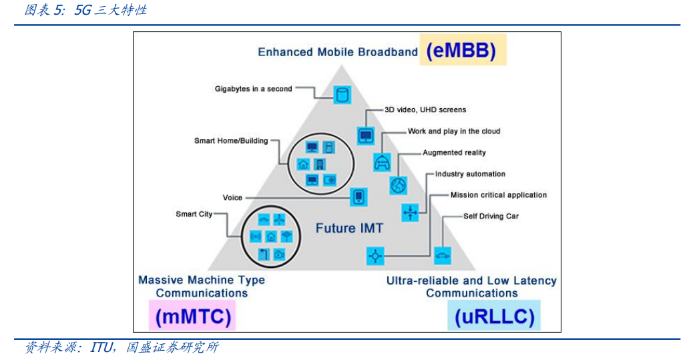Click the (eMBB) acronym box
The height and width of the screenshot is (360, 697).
(463, 50)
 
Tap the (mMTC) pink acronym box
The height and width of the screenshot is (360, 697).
(192, 315)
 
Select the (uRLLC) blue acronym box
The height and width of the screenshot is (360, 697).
(494, 315)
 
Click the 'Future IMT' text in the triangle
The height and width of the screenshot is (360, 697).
(349, 228)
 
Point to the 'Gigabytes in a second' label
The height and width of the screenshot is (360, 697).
(254, 89)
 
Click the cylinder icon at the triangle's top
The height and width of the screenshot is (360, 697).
(342, 95)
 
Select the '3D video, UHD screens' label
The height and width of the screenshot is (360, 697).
(425, 110)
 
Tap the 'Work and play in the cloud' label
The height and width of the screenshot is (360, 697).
(454, 131)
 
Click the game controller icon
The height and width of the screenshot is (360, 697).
(382, 163)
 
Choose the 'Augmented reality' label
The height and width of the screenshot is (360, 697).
(454, 152)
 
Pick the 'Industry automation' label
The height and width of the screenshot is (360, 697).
(470, 174)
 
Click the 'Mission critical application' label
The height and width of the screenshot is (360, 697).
(499, 194)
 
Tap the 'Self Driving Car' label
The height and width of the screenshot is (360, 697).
(491, 216)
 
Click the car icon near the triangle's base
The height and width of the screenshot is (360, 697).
(442, 256)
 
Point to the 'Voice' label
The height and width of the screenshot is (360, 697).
(232, 198)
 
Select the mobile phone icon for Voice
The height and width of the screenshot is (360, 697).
(359, 196)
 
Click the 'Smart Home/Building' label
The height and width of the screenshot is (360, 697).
(231, 141)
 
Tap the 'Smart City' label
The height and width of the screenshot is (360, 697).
(194, 214)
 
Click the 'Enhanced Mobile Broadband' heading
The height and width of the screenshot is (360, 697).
(338, 52)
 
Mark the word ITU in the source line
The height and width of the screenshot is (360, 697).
(102, 347)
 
